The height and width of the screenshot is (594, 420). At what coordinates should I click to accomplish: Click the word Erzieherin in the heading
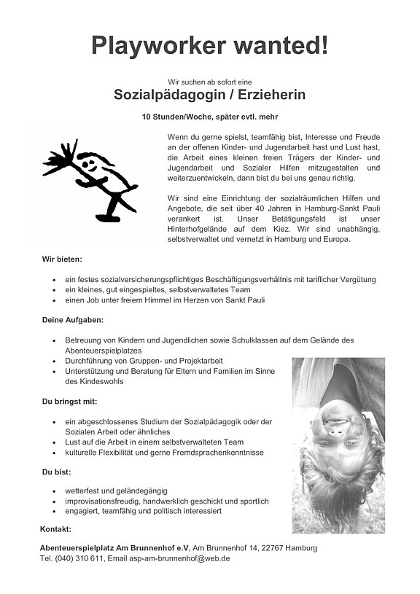[268, 95]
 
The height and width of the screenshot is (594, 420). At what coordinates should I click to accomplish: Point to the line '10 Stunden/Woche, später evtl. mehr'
[209, 117]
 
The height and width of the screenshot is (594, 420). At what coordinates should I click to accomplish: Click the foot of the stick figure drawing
[107, 216]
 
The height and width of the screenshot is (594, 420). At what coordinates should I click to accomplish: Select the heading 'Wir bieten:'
[62, 259]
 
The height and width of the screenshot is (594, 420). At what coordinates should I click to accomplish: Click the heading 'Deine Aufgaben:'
[72, 320]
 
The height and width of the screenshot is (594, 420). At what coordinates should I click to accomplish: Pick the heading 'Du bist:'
[56, 472]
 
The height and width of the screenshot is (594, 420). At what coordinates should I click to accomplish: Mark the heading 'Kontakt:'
[55, 528]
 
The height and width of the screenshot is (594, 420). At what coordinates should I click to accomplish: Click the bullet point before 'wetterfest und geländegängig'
[55, 491]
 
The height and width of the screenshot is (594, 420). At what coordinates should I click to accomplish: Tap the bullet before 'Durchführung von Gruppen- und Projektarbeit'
[55, 361]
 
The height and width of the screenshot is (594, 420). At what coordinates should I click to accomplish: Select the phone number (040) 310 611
[77, 558]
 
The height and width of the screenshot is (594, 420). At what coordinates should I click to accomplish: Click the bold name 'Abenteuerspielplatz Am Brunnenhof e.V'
[114, 547]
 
